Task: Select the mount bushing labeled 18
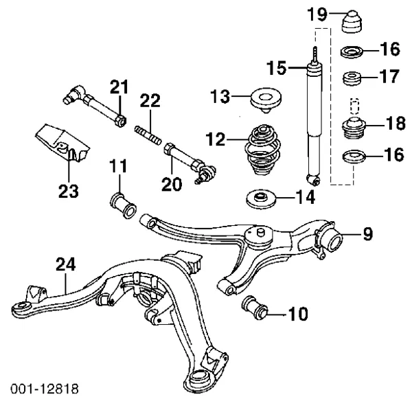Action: pos(354,128)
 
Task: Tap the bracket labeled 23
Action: pos(62,146)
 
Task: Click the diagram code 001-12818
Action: pos(41,389)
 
